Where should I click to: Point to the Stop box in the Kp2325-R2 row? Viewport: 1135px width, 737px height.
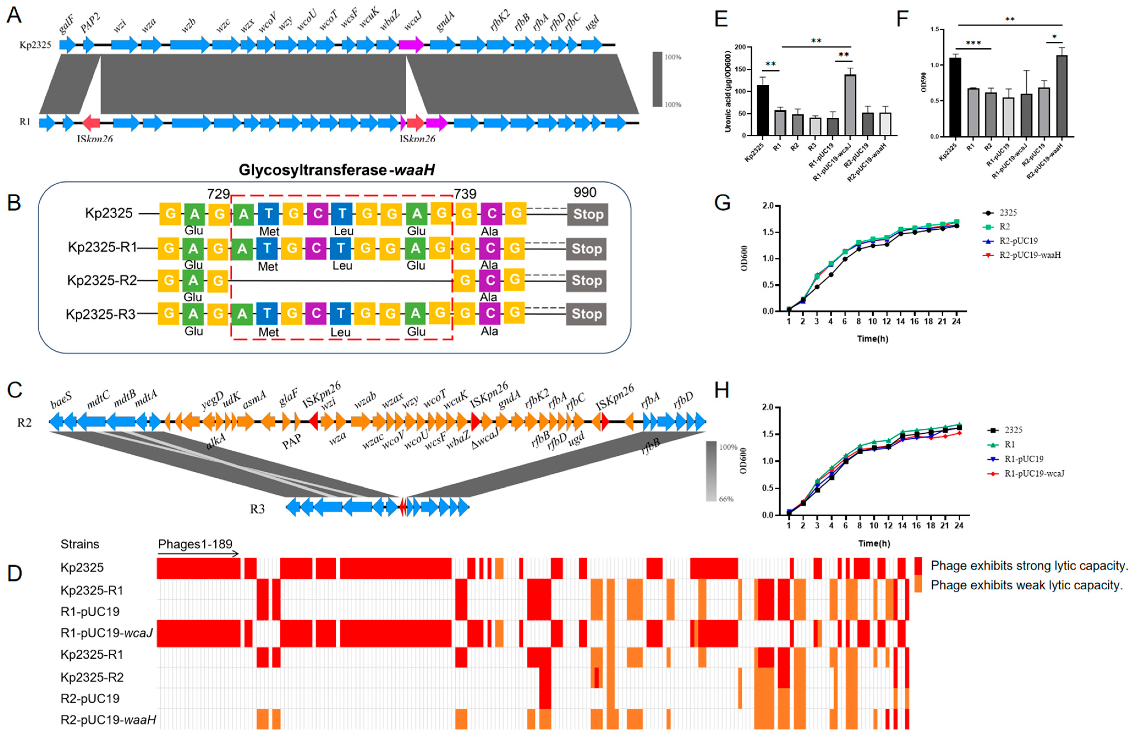click(587, 281)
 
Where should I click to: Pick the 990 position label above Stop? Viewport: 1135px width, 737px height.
click(585, 193)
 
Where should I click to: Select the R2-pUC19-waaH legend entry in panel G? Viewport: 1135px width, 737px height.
click(1030, 255)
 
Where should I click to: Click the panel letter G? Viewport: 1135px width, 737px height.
click(722, 203)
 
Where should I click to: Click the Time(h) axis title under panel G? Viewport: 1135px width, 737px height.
click(872, 339)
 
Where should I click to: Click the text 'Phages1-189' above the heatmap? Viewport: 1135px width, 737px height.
click(195, 544)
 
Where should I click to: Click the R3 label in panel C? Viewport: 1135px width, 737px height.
click(257, 509)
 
